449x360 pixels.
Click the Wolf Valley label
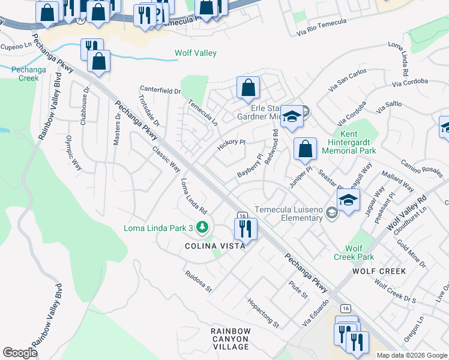pos(195,53)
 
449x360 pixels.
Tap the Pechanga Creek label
pos(25,74)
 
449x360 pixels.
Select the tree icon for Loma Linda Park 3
pos(203,227)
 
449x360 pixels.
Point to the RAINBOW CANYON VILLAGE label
pos(231,339)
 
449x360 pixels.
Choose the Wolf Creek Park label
pos(354,253)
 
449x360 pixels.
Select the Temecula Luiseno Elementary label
pos(289,214)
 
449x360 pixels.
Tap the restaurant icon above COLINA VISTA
pos(245,228)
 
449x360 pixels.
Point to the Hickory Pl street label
pos(231,145)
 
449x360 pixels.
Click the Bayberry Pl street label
pos(250,166)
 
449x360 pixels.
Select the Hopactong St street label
pos(263,312)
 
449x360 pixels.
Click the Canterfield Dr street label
pos(160,91)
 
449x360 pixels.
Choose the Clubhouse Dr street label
pos(86,106)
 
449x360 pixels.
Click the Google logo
pos(20,353)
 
